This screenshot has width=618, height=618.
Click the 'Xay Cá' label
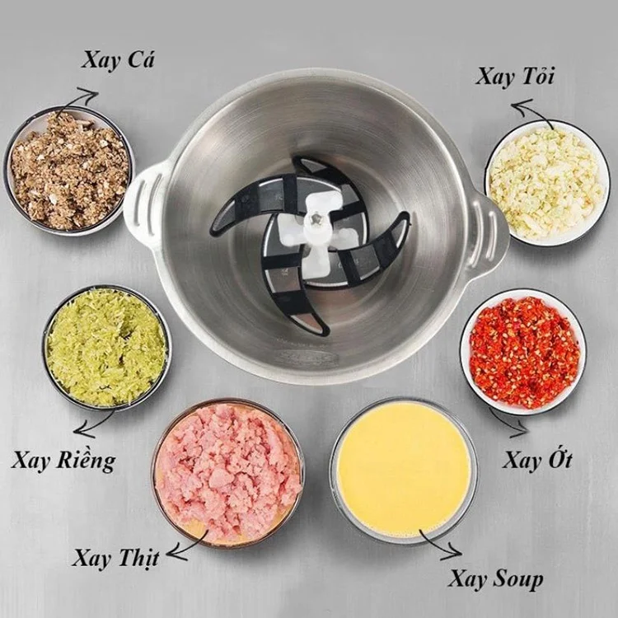[119, 60]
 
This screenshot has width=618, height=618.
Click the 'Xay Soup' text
[496, 578]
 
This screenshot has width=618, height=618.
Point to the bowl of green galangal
[106, 347]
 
